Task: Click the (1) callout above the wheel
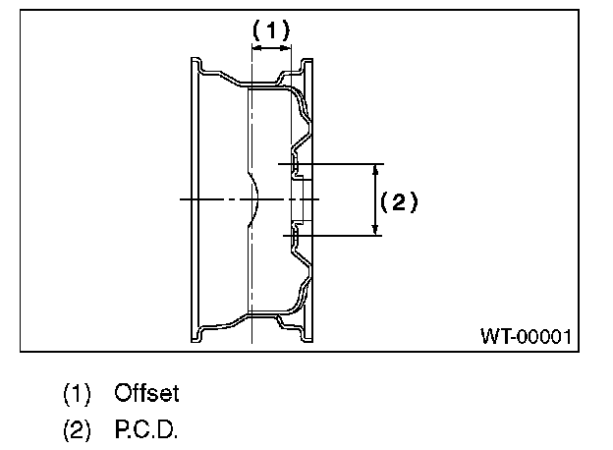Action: [271, 29]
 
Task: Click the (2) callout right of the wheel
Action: [399, 201]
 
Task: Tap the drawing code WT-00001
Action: [526, 336]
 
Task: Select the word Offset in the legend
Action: [146, 394]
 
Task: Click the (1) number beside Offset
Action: [77, 394]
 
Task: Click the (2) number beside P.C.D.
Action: [77, 430]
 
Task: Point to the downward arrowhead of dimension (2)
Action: [375, 229]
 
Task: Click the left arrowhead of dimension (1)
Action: [256, 45]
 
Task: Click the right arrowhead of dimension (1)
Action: [289, 45]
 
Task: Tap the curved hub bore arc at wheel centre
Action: [254, 199]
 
